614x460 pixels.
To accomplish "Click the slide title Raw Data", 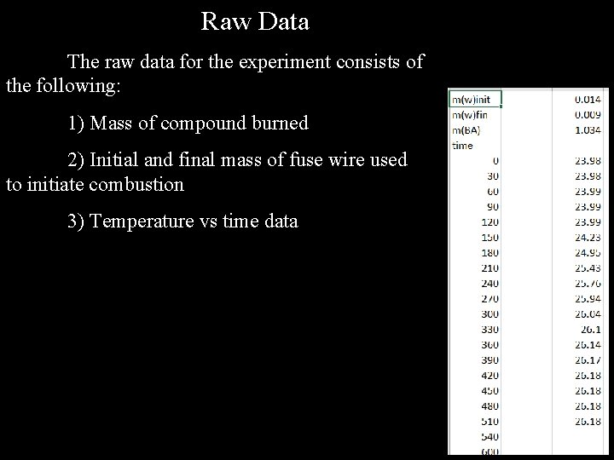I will pyautogui.click(x=255, y=21).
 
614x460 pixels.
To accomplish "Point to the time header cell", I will pyautogui.click(x=461, y=146).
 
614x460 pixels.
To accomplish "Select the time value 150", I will pyautogui.click(x=489, y=238).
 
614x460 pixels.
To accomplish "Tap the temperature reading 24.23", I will pyautogui.click(x=588, y=238).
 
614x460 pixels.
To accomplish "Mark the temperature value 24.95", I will pyautogui.click(x=588, y=253).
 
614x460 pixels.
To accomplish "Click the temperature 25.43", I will pyautogui.click(x=588, y=268).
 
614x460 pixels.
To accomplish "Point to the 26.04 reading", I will pyautogui.click(x=588, y=314).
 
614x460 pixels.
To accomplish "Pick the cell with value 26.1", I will pyautogui.click(x=591, y=330).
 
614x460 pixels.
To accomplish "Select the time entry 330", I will pyautogui.click(x=489, y=330).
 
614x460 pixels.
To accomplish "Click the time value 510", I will pyautogui.click(x=489, y=422).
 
